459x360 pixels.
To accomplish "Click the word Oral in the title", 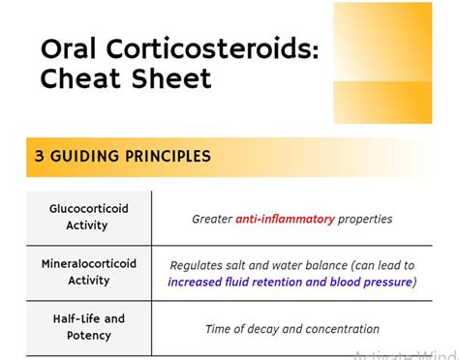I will [67, 50].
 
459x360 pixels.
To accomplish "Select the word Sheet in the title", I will [168, 78].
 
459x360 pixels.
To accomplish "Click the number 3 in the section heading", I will [40, 156].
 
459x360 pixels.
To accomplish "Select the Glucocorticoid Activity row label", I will [88, 217].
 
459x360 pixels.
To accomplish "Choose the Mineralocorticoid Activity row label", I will [88, 272].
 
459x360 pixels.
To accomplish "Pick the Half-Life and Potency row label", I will [88, 327].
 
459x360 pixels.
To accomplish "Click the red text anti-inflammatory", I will [285, 219].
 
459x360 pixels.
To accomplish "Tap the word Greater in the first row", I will [212, 219].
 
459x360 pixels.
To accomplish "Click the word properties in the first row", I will [365, 219].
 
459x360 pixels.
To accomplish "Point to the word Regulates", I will [199, 265].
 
